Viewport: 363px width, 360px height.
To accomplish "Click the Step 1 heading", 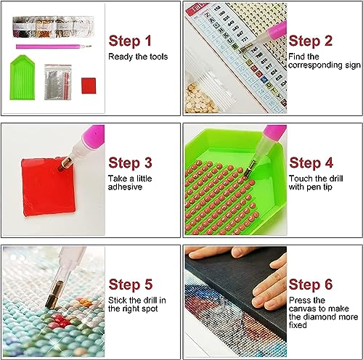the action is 130,41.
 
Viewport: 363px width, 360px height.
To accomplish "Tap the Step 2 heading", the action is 311,41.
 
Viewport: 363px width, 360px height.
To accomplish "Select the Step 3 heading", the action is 130,163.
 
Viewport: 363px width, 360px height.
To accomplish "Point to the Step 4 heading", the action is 311,163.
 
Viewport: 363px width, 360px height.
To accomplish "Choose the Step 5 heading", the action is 131,285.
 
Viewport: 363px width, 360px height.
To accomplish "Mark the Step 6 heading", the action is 311,285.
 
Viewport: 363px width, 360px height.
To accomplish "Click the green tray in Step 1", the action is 22,78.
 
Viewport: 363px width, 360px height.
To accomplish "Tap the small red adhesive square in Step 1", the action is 89,86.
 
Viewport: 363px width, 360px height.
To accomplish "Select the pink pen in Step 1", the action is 54,46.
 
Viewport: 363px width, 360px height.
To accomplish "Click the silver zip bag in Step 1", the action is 58,82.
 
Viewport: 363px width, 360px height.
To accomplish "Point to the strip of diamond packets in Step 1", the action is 53,27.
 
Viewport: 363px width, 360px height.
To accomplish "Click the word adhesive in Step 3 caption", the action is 125,187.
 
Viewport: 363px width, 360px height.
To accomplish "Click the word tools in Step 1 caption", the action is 158,57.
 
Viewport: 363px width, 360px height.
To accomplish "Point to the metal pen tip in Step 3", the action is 65,163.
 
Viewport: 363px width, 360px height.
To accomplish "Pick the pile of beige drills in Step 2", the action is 200,99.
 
